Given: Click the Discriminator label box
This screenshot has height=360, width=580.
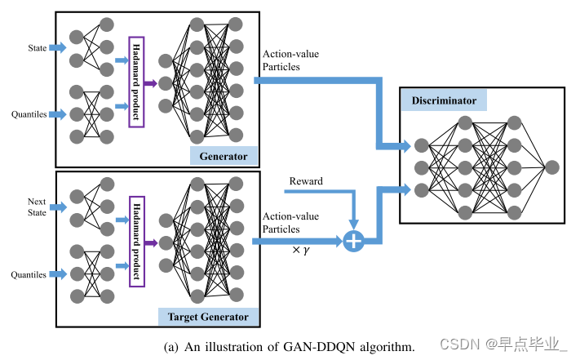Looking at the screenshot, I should click(444, 100).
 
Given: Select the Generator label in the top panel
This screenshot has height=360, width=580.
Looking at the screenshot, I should click(224, 155).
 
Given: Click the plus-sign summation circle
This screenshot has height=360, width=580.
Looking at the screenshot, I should click(353, 241).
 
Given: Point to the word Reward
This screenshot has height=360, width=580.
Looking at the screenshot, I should click(306, 180).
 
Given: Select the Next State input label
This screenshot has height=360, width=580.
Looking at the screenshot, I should click(37, 206).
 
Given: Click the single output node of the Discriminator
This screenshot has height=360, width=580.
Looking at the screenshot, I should click(552, 167).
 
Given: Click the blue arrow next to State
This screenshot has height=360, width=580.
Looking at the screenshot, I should click(59, 48).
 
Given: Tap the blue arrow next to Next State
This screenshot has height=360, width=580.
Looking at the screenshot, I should click(59, 207).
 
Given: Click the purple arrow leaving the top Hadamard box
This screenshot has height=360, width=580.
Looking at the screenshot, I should click(151, 82).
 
